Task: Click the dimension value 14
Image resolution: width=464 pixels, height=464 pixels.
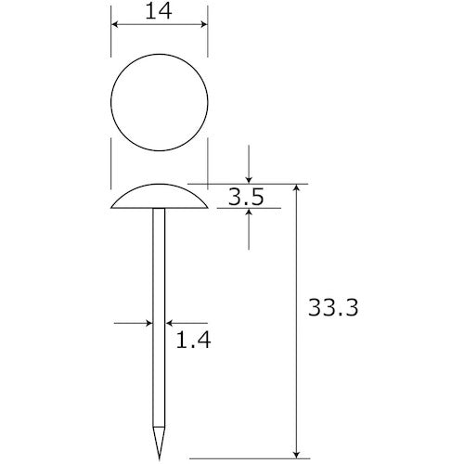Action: (159, 12)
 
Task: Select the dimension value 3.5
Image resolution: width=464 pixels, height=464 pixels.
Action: (246, 197)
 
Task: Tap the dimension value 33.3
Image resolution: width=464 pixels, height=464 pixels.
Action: (333, 307)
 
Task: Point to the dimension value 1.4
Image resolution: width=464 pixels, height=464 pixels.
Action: (193, 340)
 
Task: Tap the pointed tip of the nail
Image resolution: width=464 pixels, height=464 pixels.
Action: (160, 459)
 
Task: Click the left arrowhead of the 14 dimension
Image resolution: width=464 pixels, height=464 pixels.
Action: (115, 24)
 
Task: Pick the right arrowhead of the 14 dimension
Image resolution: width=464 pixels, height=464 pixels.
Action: (203, 24)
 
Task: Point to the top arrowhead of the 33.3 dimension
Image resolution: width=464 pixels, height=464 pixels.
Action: (297, 188)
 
